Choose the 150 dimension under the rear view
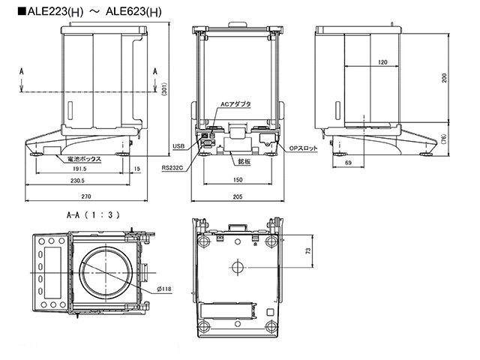237,181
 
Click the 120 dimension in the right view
383,63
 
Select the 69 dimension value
349,162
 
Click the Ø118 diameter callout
165,289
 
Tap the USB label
178,146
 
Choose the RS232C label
172,169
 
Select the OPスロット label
304,148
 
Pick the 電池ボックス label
82,159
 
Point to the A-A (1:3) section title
93,214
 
